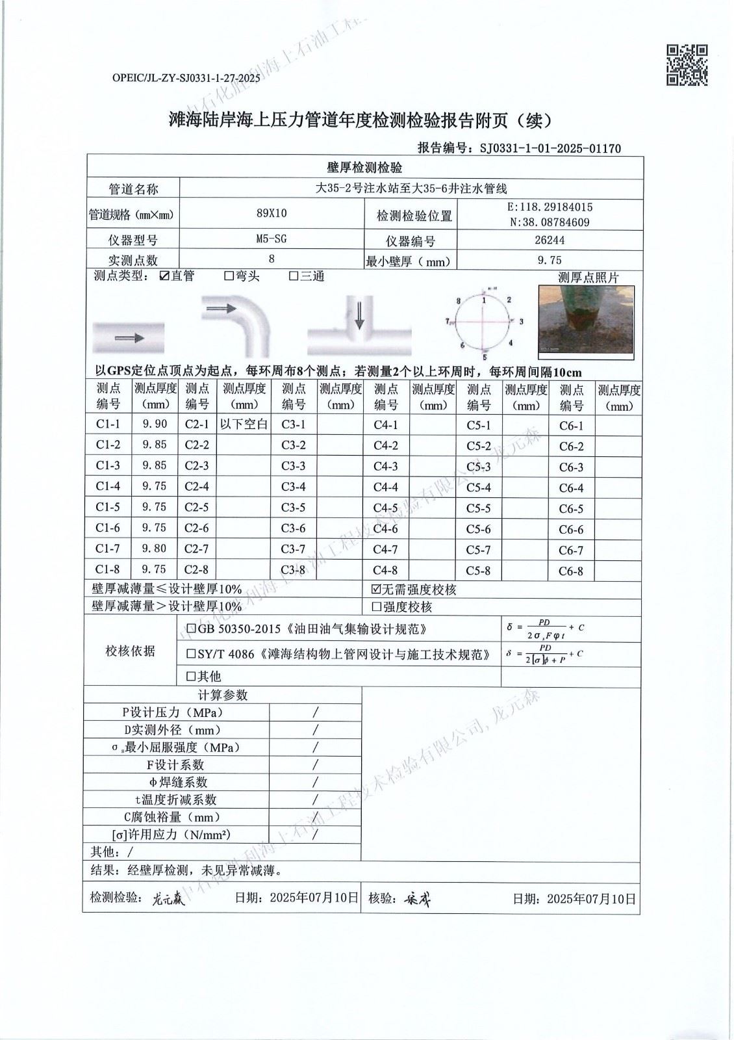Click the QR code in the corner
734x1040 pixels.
[687, 64]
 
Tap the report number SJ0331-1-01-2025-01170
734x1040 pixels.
[550, 148]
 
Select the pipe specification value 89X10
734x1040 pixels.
[272, 213]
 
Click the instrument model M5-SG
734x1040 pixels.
[272, 239]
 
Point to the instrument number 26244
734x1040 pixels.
[550, 240]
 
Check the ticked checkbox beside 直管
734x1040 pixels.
[165, 276]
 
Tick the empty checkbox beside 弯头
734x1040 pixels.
[229, 276]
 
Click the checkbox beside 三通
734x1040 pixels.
[294, 276]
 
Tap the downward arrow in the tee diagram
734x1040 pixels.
[359, 316]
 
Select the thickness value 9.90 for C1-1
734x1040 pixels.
[155, 424]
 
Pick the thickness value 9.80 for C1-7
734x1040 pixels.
[155, 549]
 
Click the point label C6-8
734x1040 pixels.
[571, 571]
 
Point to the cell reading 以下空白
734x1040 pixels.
[244, 424]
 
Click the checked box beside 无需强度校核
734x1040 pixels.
[375, 590]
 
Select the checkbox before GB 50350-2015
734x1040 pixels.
[191, 629]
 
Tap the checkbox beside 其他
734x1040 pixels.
[191, 677]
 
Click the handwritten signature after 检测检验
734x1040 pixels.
[169, 900]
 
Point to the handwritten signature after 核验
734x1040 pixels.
[417, 900]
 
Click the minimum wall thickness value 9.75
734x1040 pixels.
[550, 261]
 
